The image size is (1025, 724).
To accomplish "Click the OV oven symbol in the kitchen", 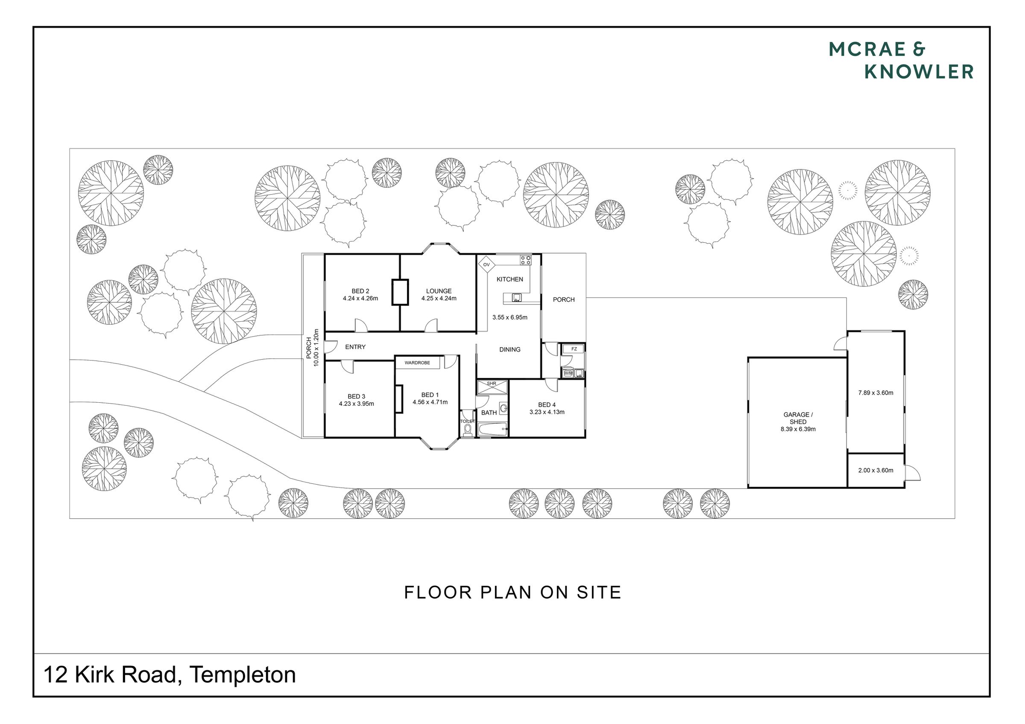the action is [x=486, y=265].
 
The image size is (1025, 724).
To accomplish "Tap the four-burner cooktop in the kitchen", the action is [x=525, y=260].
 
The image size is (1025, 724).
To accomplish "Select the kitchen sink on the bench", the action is [x=517, y=297].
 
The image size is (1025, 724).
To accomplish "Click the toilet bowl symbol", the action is [x=467, y=430].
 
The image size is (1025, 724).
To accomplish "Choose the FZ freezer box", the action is [x=574, y=349].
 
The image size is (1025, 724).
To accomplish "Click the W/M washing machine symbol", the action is [x=568, y=373].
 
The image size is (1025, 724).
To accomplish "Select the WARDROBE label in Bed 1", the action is [x=417, y=363].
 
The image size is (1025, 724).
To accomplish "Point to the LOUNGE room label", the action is [x=439, y=291].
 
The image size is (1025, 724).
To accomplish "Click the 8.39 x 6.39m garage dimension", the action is [x=798, y=429].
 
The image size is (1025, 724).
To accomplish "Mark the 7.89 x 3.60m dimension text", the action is [x=876, y=393].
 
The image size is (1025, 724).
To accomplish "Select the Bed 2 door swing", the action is [x=361, y=325].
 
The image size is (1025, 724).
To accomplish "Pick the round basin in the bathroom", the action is [x=504, y=408].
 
